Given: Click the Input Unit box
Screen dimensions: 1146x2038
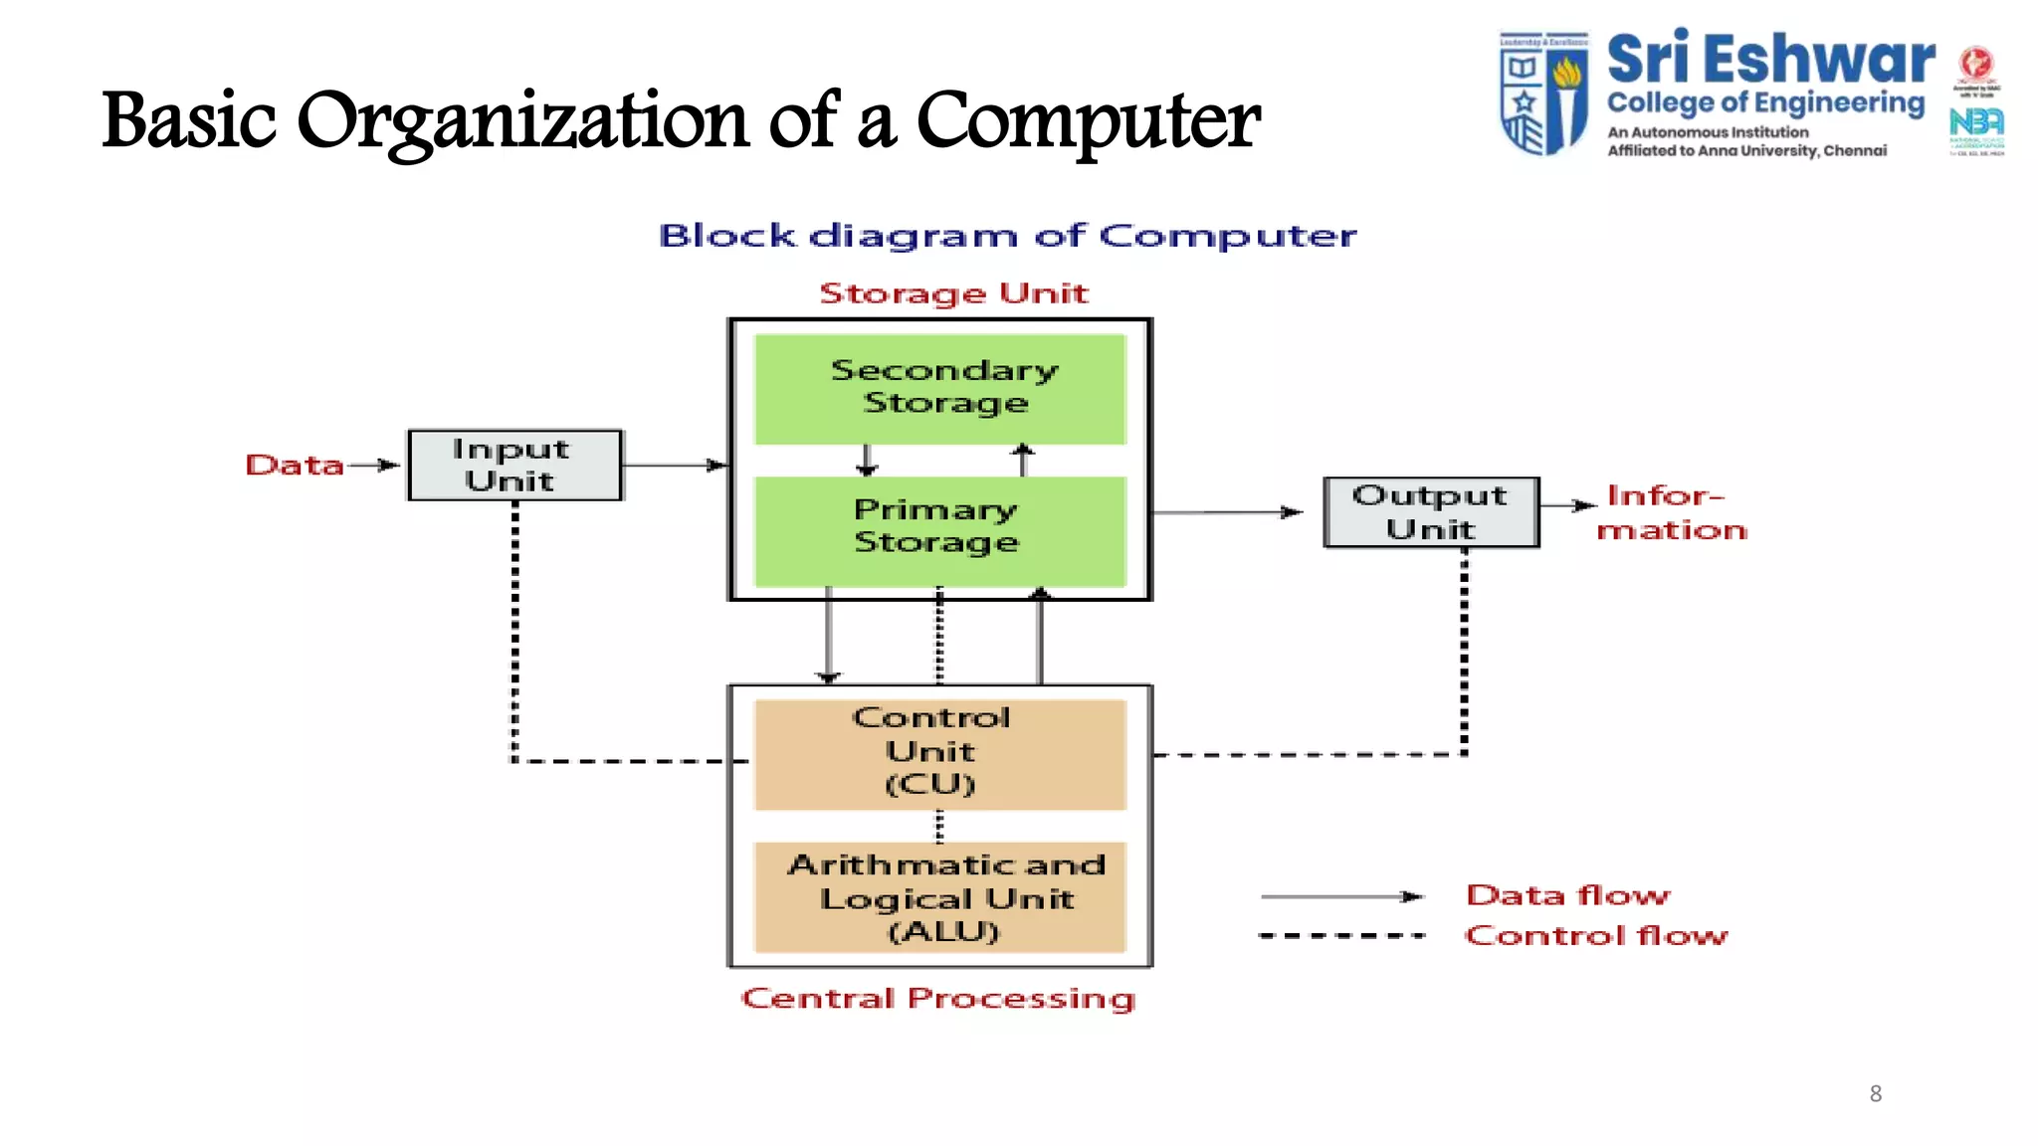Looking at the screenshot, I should click(514, 465).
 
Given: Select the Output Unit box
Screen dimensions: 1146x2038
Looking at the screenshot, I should click(1430, 512).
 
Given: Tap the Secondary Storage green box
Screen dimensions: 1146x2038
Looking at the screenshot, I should click(939, 388).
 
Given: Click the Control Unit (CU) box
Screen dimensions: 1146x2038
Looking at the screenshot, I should click(939, 753).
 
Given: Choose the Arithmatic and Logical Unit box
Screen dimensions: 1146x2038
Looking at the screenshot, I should click(939, 896).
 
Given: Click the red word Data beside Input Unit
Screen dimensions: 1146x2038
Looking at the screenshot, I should click(294, 465).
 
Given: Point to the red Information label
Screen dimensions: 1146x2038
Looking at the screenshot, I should click(1671, 512).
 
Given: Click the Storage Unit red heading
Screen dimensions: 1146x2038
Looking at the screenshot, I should click(952, 293).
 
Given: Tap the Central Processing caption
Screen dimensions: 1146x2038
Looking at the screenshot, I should click(937, 998).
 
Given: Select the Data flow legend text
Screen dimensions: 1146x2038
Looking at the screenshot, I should click(1567, 895).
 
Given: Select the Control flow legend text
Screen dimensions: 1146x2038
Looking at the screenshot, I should click(1595, 935).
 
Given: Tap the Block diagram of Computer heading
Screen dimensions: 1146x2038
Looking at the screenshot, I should click(1007, 236).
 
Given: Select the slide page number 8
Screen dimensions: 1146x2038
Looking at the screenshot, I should click(1875, 1093).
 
